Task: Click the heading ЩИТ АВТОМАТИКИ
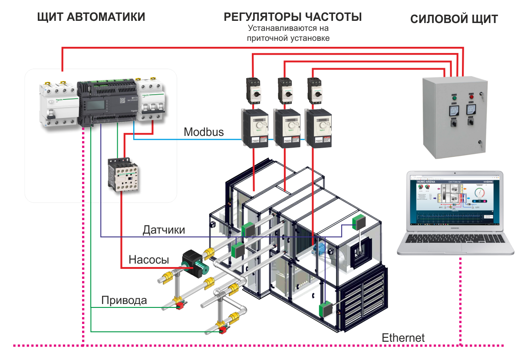(91, 17)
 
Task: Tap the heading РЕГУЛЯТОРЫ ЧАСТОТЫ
(293, 17)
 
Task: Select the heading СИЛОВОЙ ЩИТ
(454, 20)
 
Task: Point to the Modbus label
(204, 132)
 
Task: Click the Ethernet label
(403, 337)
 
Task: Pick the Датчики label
(164, 230)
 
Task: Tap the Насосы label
(148, 260)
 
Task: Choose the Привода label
(124, 300)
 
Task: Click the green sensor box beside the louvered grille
(326, 310)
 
